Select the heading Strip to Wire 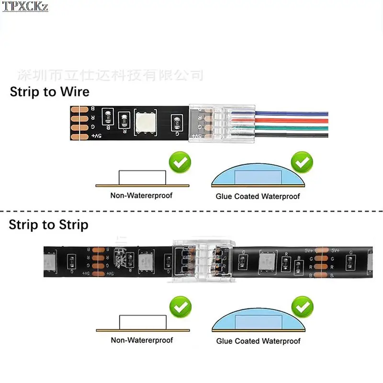point(49,91)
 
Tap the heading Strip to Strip point(48,224)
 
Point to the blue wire point(292,114)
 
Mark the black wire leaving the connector point(292,135)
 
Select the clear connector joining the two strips point(202,261)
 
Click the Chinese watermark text point(110,75)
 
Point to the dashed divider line point(191,211)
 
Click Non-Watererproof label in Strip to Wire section point(141,195)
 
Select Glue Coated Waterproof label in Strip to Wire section point(258,196)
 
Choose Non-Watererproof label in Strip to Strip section point(142,340)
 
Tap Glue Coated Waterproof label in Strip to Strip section point(258,341)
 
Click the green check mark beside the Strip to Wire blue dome point(302,163)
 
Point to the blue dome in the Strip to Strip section point(258,320)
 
